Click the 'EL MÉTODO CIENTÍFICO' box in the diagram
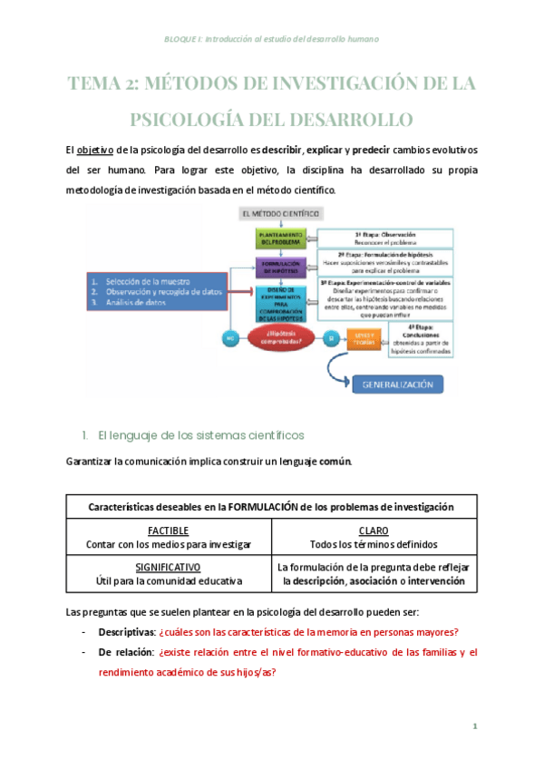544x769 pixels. click(280, 214)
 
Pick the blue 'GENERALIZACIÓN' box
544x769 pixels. click(398, 384)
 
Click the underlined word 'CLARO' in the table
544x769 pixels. click(373, 531)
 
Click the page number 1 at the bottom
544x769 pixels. click(474, 726)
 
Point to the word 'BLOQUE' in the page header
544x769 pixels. click(183, 40)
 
